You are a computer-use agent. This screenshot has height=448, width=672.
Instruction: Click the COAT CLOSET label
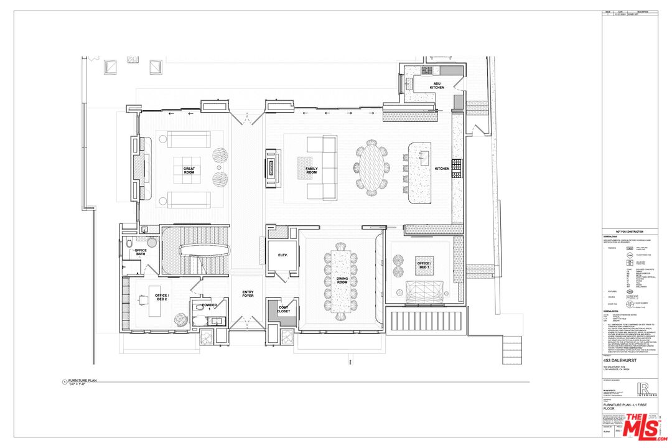pyautogui.click(x=283, y=309)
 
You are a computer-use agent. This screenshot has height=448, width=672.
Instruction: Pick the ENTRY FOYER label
pyautogui.click(x=248, y=294)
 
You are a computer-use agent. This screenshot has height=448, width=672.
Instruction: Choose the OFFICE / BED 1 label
pyautogui.click(x=424, y=266)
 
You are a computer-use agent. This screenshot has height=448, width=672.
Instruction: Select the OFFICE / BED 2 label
pyautogui.click(x=162, y=297)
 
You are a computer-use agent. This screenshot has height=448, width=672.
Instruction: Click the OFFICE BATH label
pyautogui.click(x=141, y=253)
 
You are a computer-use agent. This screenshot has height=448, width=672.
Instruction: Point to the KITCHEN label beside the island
pyautogui.click(x=442, y=169)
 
